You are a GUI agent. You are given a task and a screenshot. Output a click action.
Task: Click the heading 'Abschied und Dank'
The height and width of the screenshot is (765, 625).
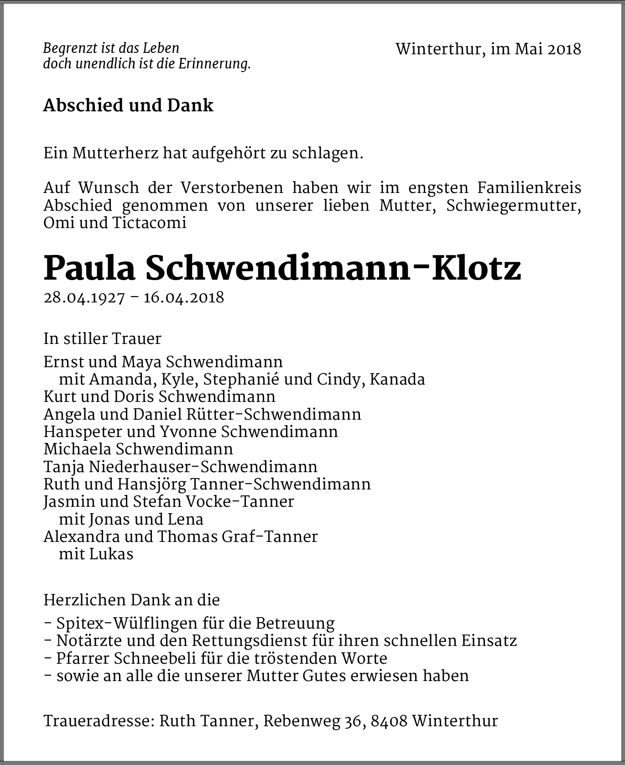(x=128, y=105)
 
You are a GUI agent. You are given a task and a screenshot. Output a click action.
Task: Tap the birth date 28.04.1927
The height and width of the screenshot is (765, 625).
(x=84, y=297)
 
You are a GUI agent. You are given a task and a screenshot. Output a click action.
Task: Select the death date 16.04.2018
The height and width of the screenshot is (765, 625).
(x=184, y=297)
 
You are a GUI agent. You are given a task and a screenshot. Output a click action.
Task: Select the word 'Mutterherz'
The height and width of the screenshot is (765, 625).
(x=115, y=153)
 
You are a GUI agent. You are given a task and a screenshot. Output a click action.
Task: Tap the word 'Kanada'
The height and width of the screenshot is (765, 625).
(x=397, y=380)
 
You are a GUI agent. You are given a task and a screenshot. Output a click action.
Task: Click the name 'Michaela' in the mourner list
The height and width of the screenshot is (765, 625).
(x=78, y=449)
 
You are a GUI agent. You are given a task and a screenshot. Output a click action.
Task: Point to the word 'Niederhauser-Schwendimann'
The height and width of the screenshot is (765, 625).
(x=203, y=467)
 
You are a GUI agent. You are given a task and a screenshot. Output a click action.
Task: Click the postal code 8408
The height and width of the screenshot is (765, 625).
(x=389, y=721)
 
